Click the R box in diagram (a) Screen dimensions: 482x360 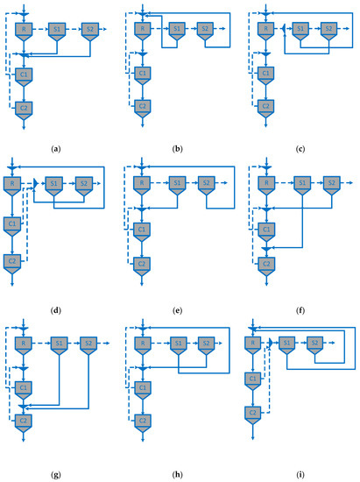point(23,30)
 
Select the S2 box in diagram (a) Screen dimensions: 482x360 point(88,30)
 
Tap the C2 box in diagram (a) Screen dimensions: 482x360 point(23,108)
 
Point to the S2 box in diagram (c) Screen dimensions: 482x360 point(329,30)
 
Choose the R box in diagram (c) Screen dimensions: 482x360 point(263,30)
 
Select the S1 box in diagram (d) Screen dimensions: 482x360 point(53,184)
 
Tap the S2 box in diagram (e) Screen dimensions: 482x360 point(208,184)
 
